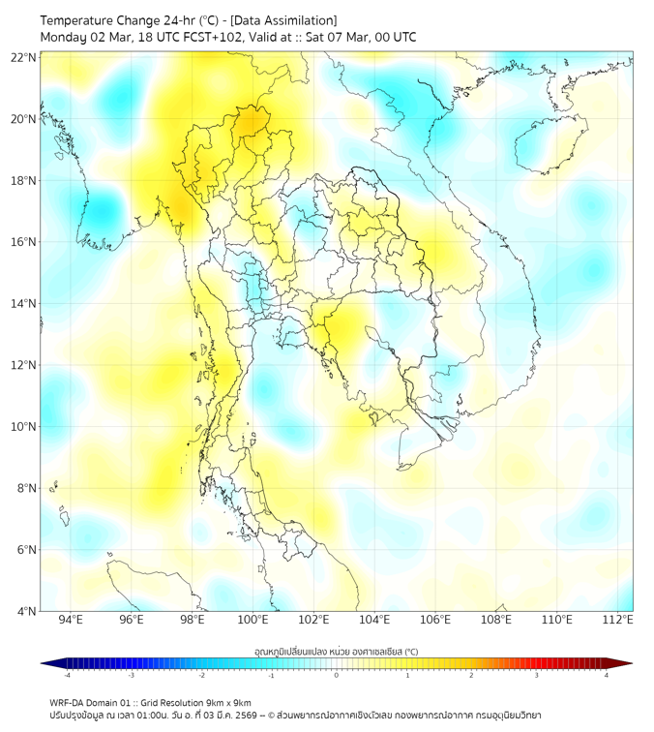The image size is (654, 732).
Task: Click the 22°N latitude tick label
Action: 24,57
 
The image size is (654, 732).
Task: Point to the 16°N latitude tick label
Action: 24,242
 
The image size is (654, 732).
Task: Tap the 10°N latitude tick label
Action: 24,426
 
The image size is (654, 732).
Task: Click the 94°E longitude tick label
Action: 71,620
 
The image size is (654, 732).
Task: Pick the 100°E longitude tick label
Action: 253,620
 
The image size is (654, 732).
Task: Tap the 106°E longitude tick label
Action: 435,620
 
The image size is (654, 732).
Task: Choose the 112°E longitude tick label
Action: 618,620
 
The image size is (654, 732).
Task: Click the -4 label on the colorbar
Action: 67,675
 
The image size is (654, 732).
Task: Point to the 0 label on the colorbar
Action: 337,675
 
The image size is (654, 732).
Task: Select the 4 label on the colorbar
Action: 607,675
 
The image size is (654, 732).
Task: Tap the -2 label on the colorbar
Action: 201,675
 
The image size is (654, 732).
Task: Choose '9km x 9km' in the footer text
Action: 228,703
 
